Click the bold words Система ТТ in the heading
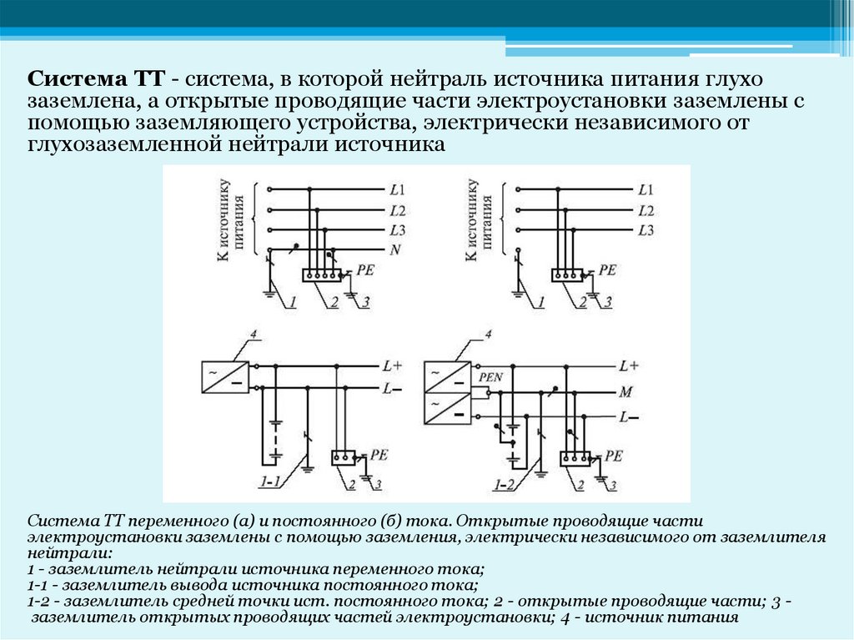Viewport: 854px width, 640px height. [x=95, y=81]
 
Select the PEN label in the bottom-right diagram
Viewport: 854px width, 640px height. [x=490, y=378]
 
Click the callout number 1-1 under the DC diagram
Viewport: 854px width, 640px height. [x=270, y=482]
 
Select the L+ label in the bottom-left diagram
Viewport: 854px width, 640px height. [x=392, y=365]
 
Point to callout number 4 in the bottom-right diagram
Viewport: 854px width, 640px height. [x=489, y=335]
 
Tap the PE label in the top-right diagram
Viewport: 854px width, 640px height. [x=608, y=270]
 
